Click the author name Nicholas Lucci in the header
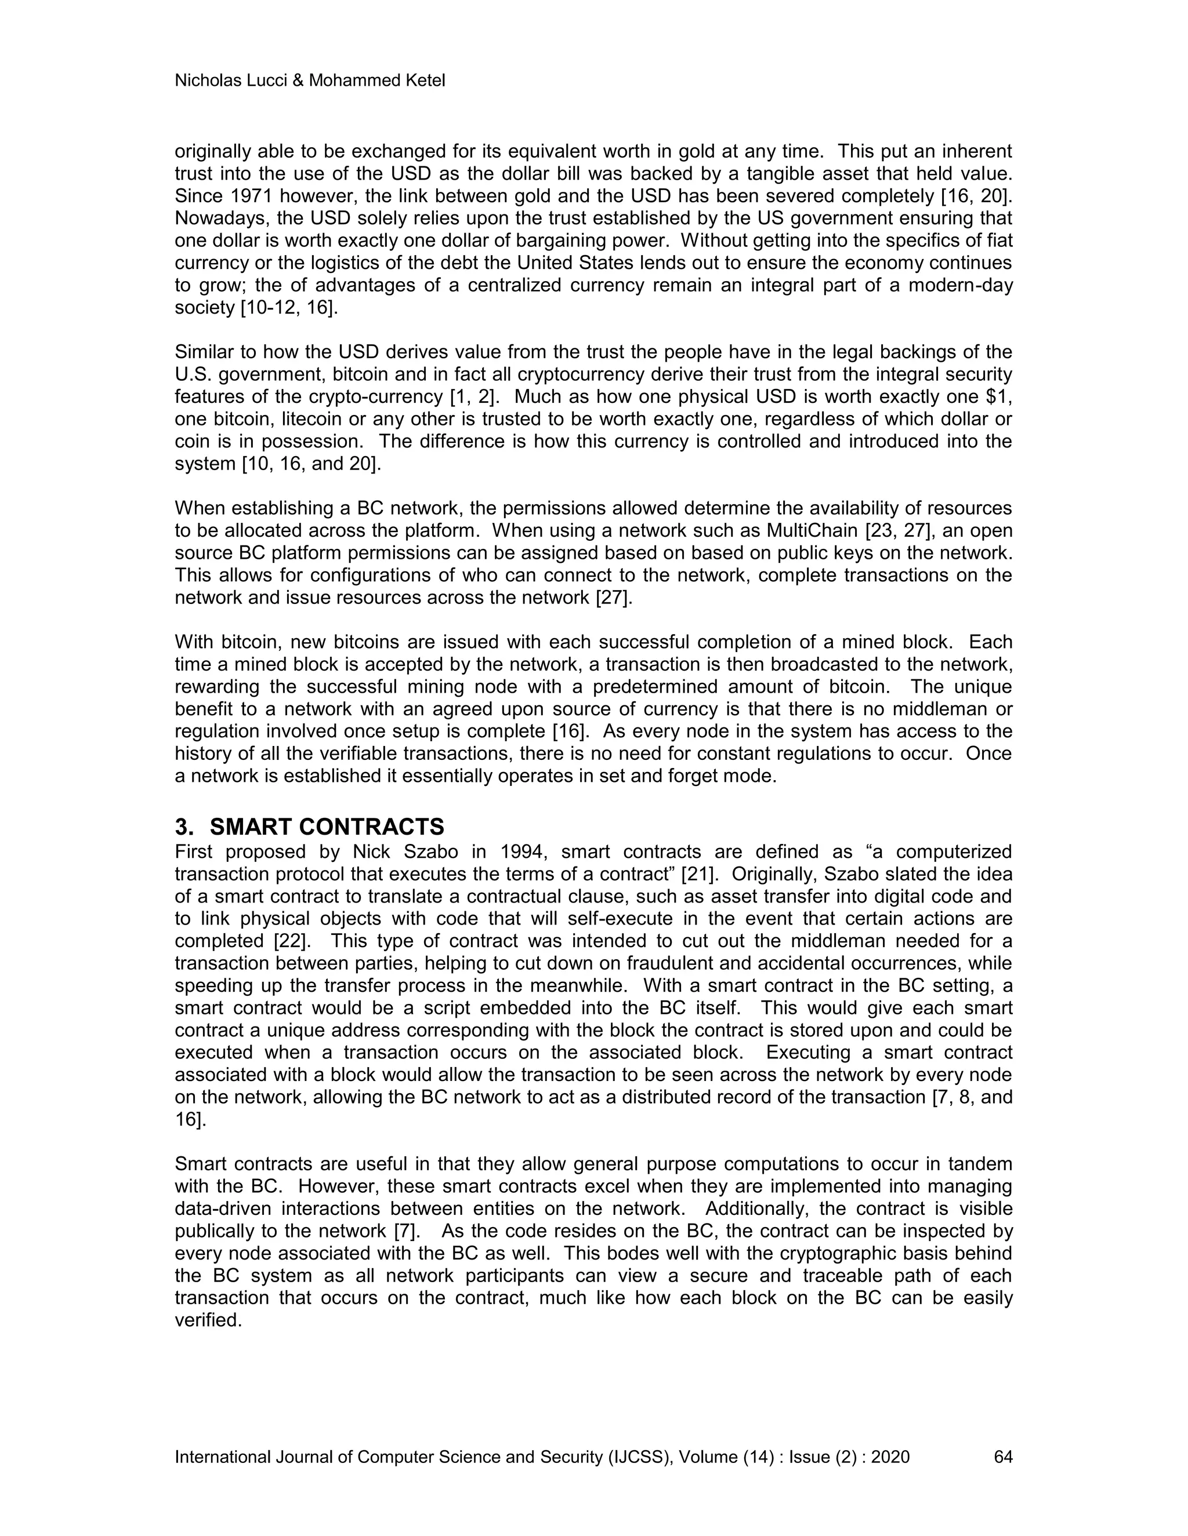(230, 81)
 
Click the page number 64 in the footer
(1003, 1457)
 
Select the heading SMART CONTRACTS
(327, 827)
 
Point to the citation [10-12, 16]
(288, 307)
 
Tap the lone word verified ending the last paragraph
(208, 1320)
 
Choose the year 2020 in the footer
(890, 1457)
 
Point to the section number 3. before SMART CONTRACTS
(184, 827)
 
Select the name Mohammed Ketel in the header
(376, 81)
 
